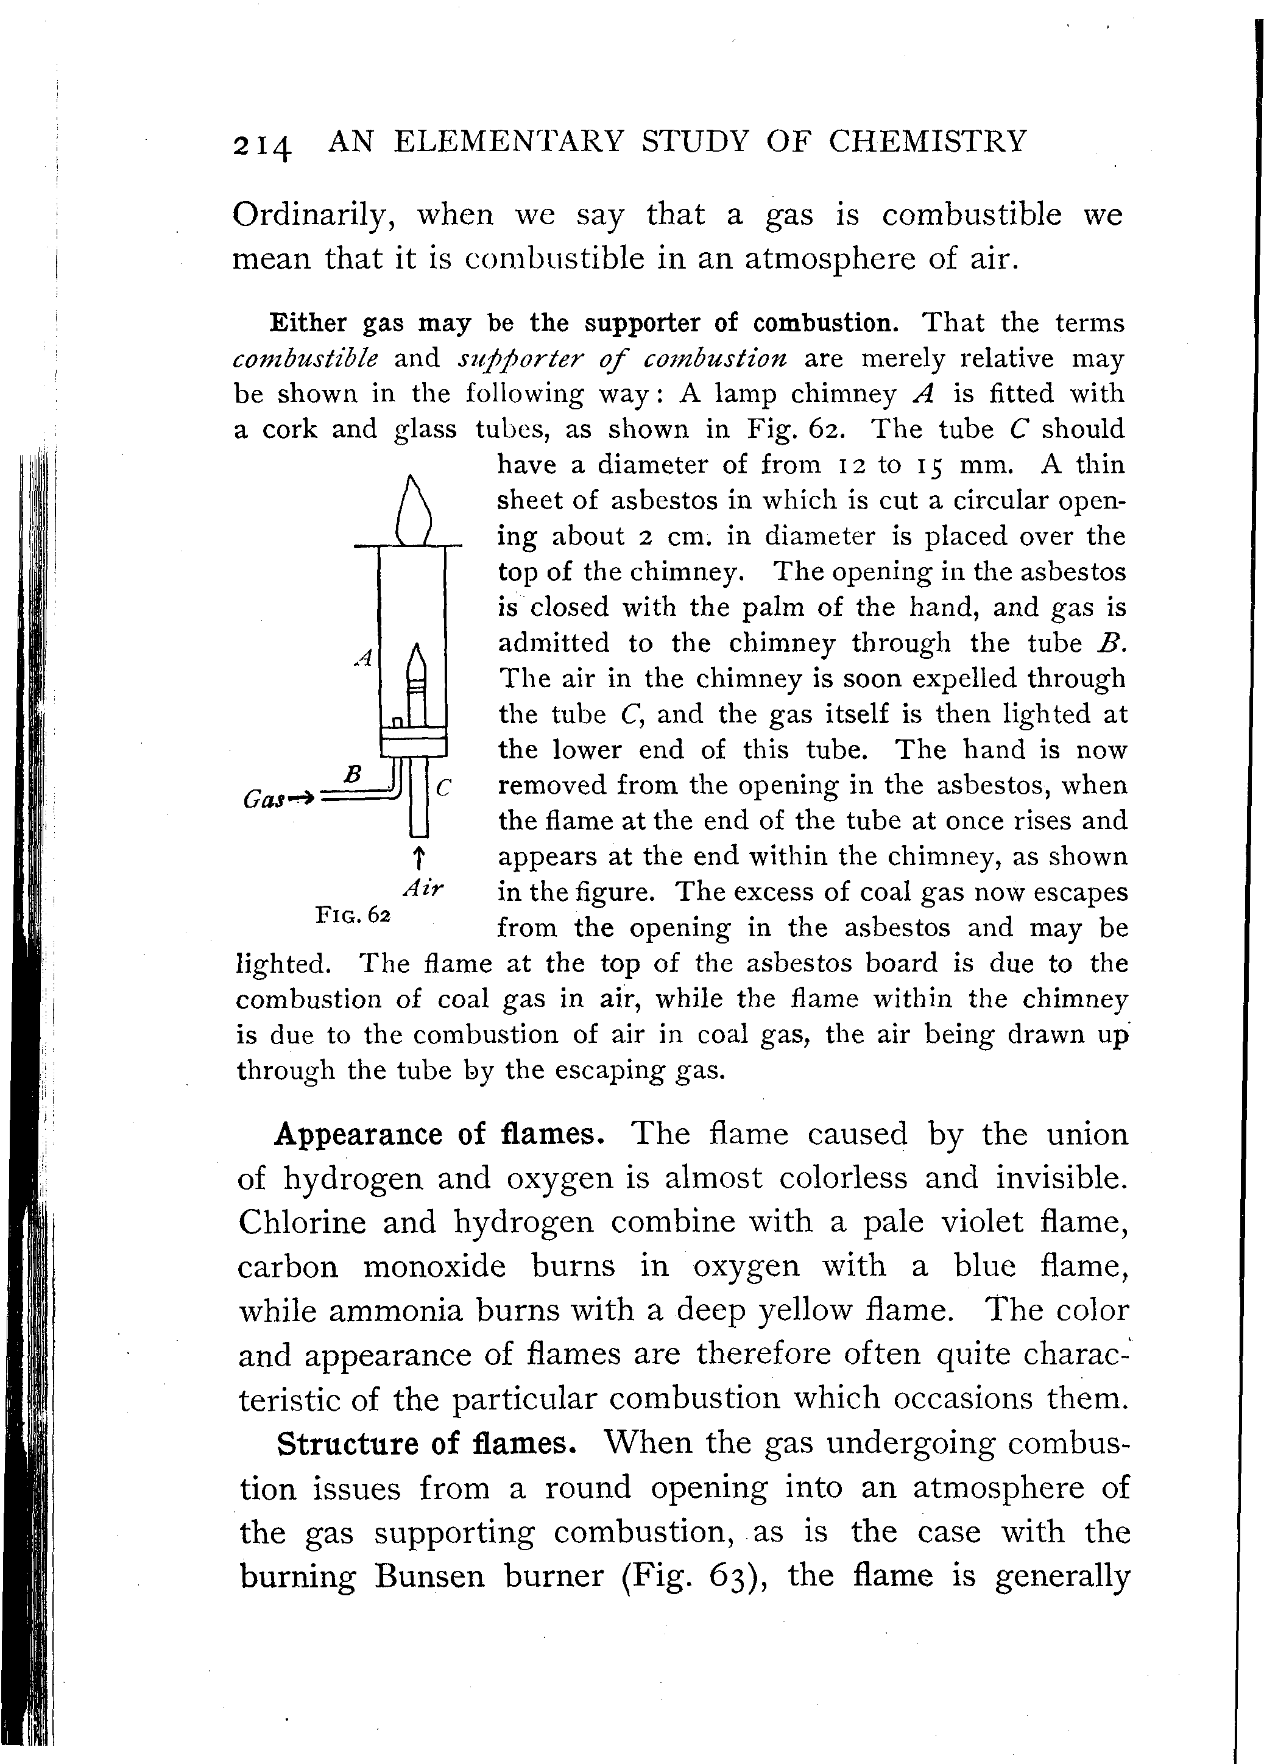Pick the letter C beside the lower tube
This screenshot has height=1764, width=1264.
pyautogui.click(x=443, y=788)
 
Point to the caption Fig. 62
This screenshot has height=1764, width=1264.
pyautogui.click(x=352, y=915)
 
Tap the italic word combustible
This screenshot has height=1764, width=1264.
pyautogui.click(x=306, y=359)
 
